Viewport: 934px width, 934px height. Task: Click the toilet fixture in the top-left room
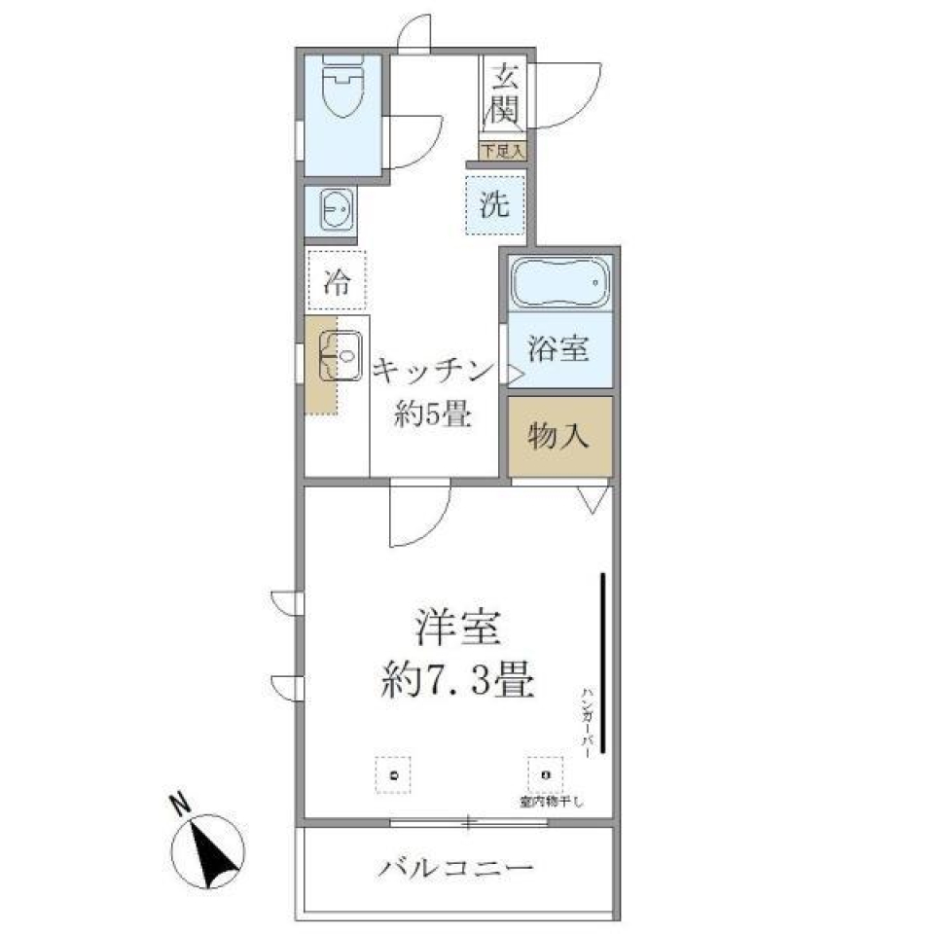click(341, 90)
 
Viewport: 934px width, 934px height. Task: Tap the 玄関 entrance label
click(504, 92)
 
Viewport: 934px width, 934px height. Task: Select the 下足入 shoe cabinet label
click(503, 151)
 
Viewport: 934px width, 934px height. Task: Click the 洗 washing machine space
click(495, 205)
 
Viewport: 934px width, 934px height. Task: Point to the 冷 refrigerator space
click(336, 281)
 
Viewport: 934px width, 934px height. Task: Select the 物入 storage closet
click(559, 437)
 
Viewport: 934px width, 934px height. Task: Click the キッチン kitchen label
click(429, 371)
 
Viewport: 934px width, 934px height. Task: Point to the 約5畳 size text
click(433, 416)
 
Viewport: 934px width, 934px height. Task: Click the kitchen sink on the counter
click(338, 356)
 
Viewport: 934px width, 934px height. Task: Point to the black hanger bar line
click(604, 662)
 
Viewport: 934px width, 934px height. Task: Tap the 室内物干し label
click(551, 803)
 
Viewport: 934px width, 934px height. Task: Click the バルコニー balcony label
click(456, 866)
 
